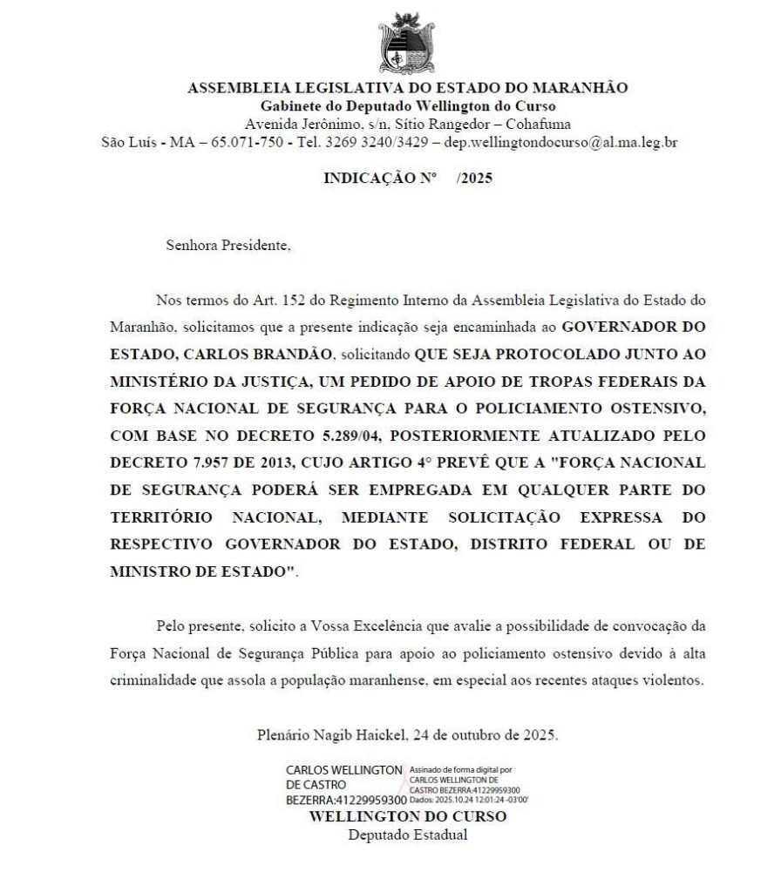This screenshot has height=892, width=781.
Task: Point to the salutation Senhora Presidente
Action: pos(228,245)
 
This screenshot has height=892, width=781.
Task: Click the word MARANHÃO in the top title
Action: pos(580,87)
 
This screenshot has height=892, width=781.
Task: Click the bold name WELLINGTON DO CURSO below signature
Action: pos(407,816)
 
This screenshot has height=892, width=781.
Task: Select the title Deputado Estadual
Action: pos(407,835)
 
